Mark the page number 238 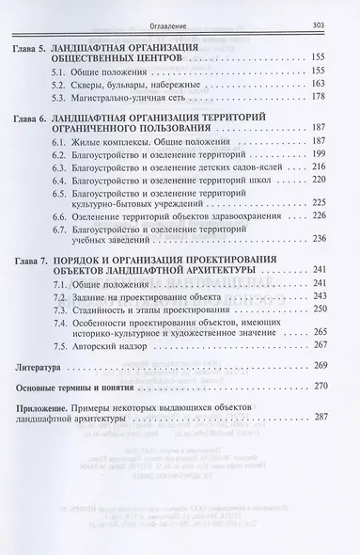click(328, 279)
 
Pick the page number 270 click(328, 442)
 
